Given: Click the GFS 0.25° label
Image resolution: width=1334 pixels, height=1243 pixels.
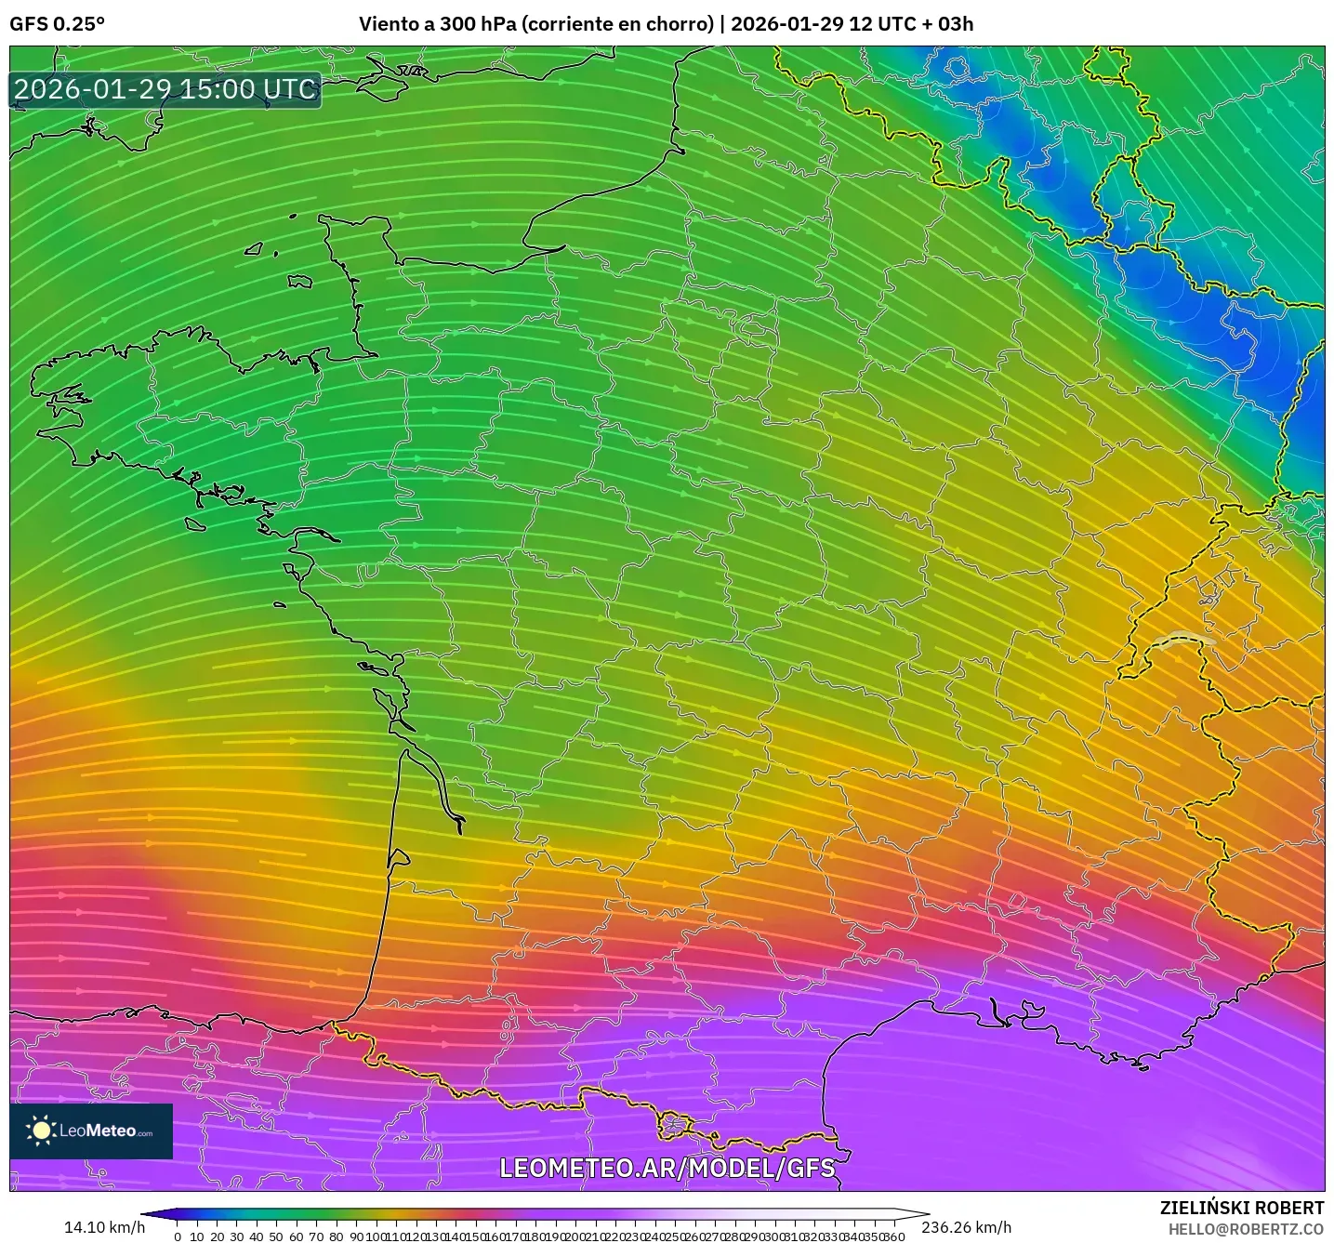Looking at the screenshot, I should (57, 24).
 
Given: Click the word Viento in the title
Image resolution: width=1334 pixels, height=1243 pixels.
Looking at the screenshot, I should (389, 24).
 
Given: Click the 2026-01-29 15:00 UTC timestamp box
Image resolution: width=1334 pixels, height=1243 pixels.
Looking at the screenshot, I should (165, 89).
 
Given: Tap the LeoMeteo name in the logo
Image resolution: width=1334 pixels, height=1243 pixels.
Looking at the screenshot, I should (98, 1131).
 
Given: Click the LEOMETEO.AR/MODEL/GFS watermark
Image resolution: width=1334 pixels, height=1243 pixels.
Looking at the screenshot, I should (667, 1168).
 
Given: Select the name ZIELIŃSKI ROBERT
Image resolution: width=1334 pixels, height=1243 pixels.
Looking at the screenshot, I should (1241, 1208).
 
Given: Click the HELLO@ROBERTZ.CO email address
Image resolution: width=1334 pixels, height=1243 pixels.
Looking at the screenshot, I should (1246, 1229).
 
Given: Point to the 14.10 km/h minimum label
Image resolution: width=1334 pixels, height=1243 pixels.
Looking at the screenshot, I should (104, 1227).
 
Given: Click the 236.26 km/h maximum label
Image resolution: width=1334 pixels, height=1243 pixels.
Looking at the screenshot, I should (966, 1227).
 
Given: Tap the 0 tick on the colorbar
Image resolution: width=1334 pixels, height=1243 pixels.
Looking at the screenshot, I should (178, 1236).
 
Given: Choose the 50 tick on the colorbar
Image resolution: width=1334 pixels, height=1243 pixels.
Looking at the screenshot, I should (276, 1236).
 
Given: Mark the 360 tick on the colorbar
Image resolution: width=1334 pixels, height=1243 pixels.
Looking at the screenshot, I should (893, 1236).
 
